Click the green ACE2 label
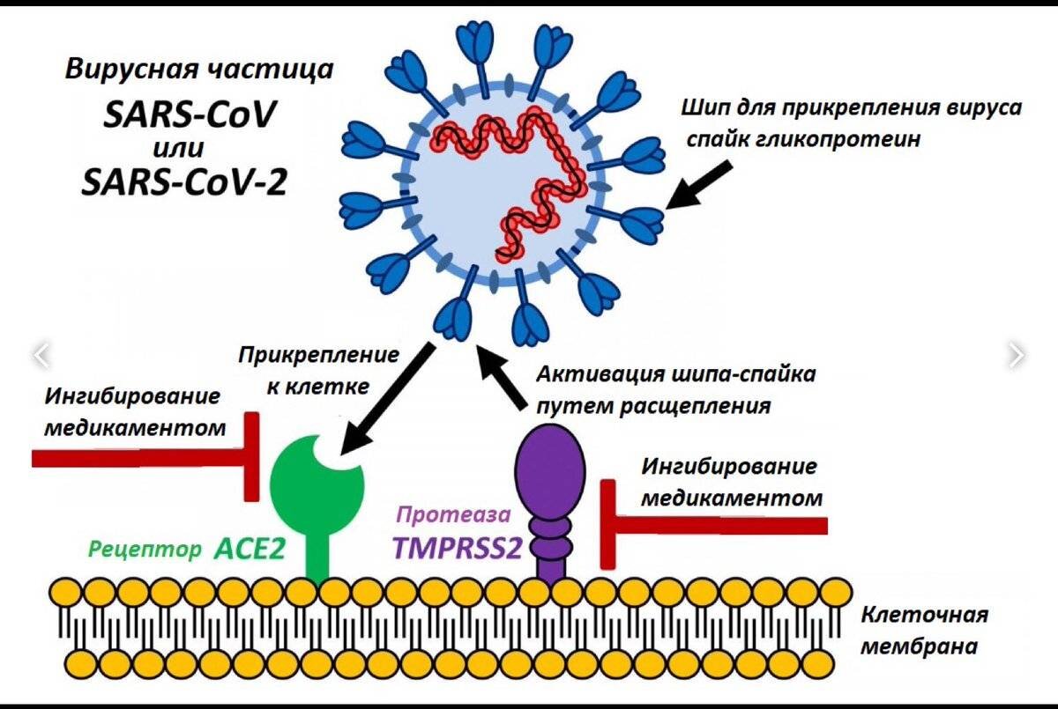pyautogui.click(x=250, y=549)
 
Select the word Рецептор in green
pyautogui.click(x=145, y=550)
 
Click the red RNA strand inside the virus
pyautogui.click(x=511, y=141)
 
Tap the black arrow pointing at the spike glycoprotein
pyautogui.click(x=697, y=184)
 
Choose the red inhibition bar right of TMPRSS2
pyautogui.click(x=714, y=525)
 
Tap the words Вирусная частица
pyautogui.click(x=199, y=70)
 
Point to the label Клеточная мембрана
pyautogui.click(x=924, y=630)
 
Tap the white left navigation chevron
pyautogui.click(x=41, y=355)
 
